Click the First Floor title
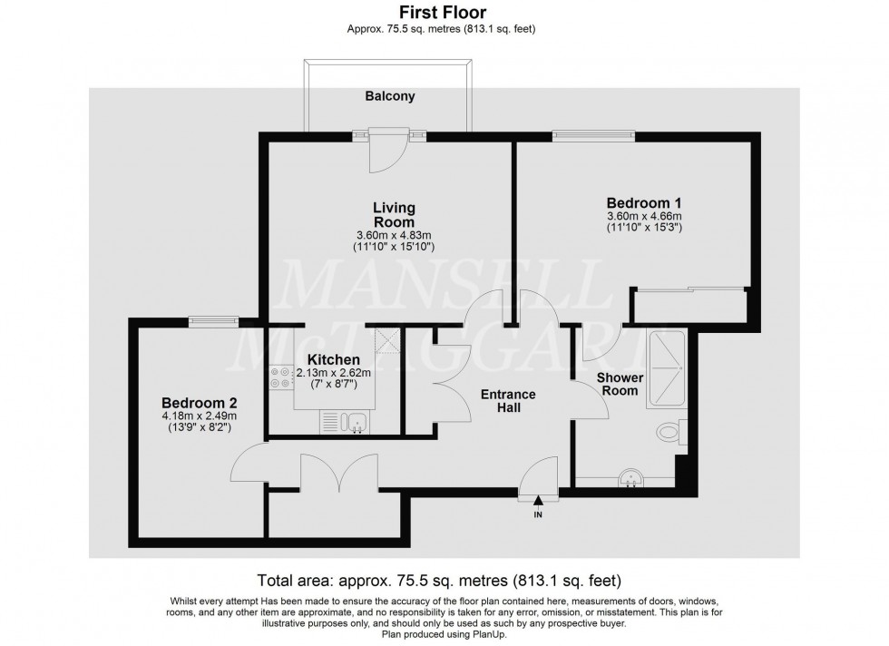tap(444, 12)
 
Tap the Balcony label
tap(391, 95)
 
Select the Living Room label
tap(394, 215)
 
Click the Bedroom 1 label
tap(644, 202)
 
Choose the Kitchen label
tap(334, 359)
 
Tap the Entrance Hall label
tap(508, 401)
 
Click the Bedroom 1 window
tap(594, 136)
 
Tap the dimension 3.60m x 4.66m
tap(644, 216)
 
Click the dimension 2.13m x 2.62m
tap(334, 372)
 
